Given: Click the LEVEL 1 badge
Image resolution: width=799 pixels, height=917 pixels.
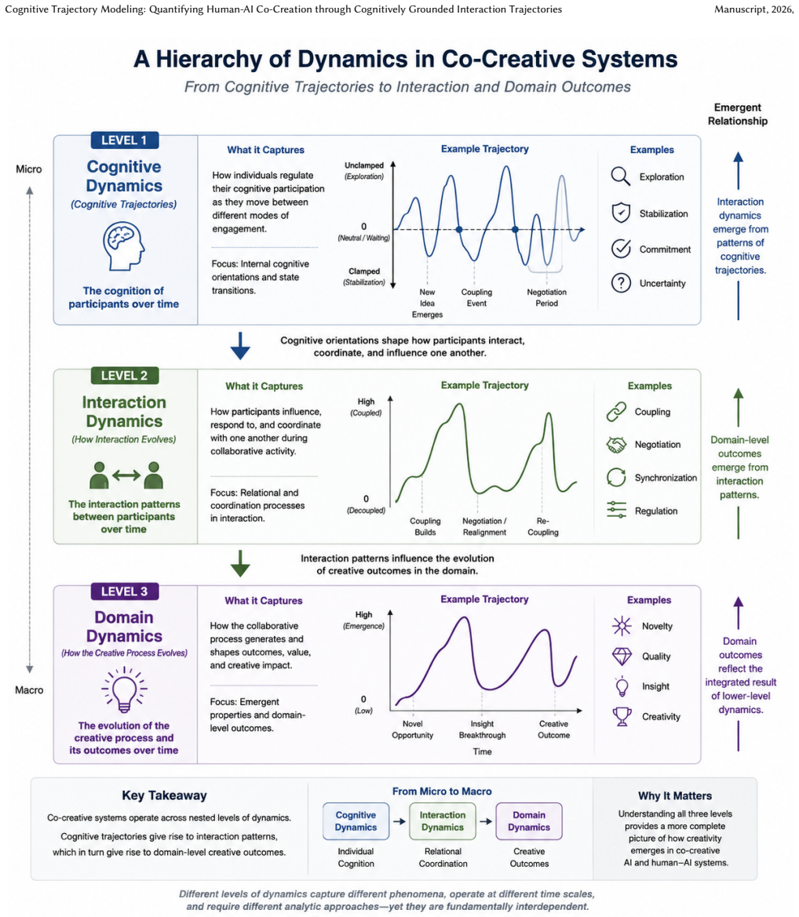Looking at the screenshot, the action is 124,140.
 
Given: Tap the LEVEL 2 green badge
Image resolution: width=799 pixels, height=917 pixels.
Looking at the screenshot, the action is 124,376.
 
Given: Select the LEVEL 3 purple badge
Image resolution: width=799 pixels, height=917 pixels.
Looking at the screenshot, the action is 124,591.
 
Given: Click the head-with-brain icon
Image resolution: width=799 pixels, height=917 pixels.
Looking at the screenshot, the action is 123,246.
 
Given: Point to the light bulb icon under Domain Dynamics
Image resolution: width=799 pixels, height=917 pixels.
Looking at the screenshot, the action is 124,690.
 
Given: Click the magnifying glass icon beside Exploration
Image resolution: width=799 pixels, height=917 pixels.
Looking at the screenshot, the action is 621,176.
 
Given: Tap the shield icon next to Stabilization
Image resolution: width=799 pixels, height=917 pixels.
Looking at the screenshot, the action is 621,213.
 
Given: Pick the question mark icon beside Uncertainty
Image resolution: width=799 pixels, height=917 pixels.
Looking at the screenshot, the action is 621,283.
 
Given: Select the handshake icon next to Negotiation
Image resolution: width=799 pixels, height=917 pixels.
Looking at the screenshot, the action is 616,445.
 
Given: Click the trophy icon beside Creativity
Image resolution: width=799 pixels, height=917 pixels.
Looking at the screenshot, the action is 622,716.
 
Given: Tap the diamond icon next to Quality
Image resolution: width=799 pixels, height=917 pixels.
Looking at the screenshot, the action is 622,656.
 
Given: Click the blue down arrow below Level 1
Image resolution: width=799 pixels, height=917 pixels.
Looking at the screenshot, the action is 240,346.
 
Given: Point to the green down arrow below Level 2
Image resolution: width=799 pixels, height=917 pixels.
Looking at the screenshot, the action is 240,563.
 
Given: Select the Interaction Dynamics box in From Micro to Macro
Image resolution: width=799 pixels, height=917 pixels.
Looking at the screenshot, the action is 443,821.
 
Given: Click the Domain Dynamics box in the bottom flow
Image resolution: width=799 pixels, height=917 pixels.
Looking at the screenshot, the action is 529,821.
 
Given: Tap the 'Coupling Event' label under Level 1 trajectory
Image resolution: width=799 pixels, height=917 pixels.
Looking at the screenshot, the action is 476,297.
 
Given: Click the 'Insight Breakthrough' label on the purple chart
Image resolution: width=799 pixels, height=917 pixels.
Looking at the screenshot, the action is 483,730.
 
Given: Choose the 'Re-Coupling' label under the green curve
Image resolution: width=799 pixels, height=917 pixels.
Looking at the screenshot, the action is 543,526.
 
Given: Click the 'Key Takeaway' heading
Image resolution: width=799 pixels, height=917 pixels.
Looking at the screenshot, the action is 165,795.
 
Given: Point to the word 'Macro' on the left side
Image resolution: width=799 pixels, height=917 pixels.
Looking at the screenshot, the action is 29,690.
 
